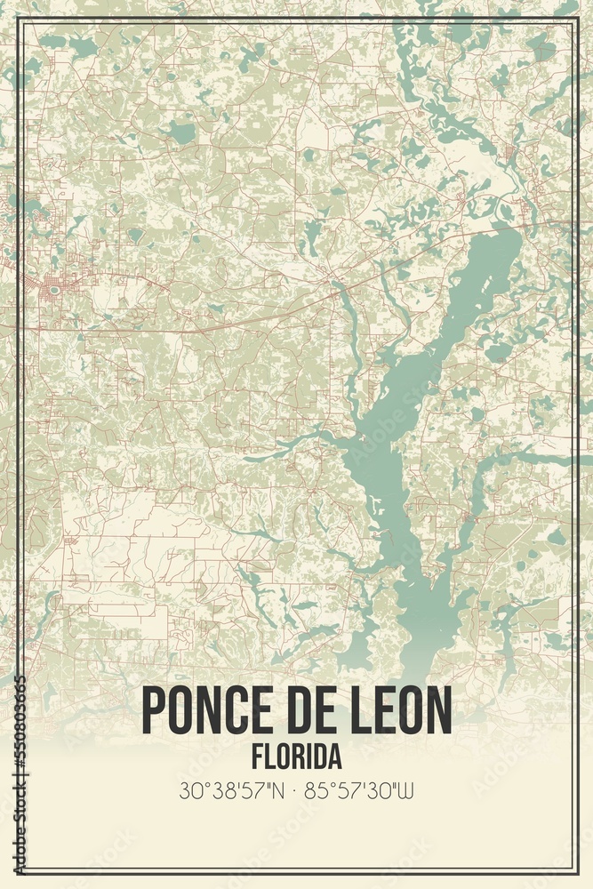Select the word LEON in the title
[399, 711]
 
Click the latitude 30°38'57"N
[231, 790]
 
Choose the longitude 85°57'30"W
[360, 790]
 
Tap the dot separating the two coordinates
[296, 790]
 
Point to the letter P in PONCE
[153, 711]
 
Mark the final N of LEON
[438, 711]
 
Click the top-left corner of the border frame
[17, 19]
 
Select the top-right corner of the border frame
[577, 19]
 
